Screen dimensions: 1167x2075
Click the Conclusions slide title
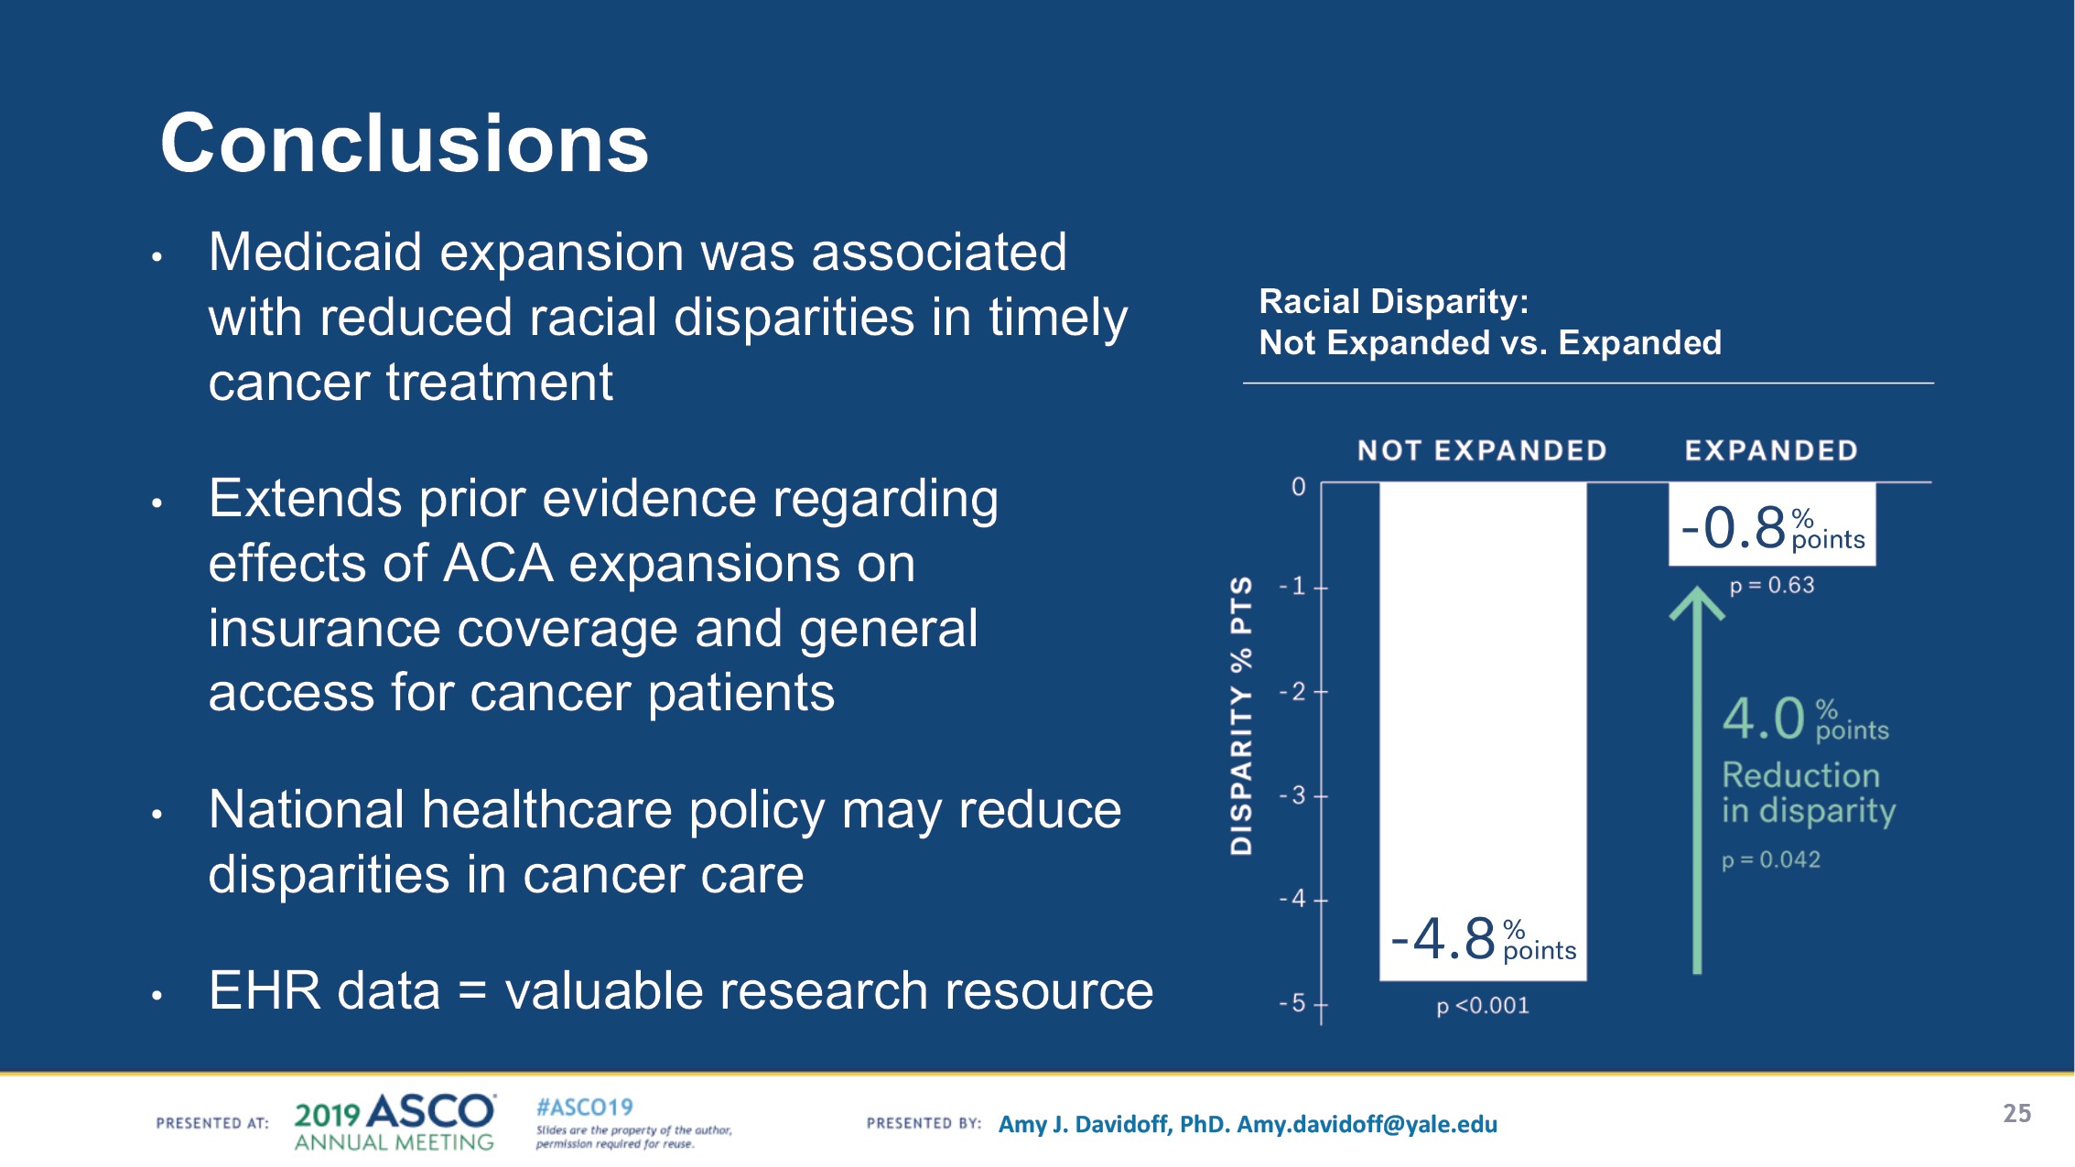coord(404,144)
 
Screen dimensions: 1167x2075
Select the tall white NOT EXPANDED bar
coord(1483,696)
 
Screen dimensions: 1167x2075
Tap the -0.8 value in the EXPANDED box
coord(1734,528)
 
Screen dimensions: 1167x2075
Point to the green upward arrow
coord(1697,778)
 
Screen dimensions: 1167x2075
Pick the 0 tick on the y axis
coord(1298,487)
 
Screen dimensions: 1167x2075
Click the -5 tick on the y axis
coord(1293,1004)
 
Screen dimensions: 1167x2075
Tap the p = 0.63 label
coord(1771,586)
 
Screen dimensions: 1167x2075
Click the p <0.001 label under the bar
coord(1483,1006)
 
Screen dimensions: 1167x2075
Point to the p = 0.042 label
coord(1771,860)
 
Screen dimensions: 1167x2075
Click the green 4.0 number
coord(1763,719)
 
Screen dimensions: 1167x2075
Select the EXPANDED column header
coord(1771,450)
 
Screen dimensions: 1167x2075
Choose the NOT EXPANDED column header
coord(1482,450)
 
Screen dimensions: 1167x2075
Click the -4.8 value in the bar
coord(1443,940)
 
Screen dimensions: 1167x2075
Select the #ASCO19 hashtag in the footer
coord(584,1108)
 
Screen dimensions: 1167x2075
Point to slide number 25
coord(2016,1113)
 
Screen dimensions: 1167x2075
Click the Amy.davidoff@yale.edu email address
coord(1367,1124)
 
